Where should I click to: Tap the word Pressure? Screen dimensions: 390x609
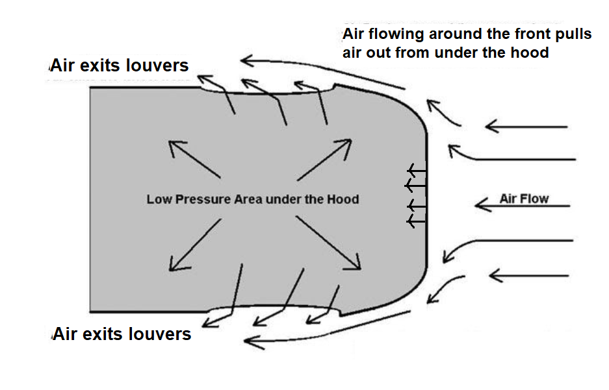[x=199, y=199]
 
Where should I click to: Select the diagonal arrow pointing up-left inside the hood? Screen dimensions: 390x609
[x=193, y=159]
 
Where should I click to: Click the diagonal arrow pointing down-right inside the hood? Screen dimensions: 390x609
[x=328, y=241]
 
